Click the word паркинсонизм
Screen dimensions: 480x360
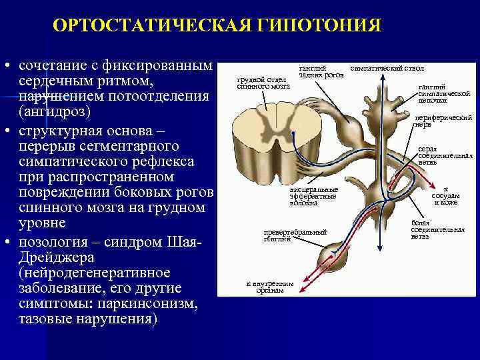(x=148, y=305)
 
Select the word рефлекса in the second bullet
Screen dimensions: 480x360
(x=165, y=161)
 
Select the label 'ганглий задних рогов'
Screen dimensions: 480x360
(x=321, y=71)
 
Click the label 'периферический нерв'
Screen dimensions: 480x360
(x=443, y=121)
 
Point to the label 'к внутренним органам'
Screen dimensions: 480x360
(x=271, y=287)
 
